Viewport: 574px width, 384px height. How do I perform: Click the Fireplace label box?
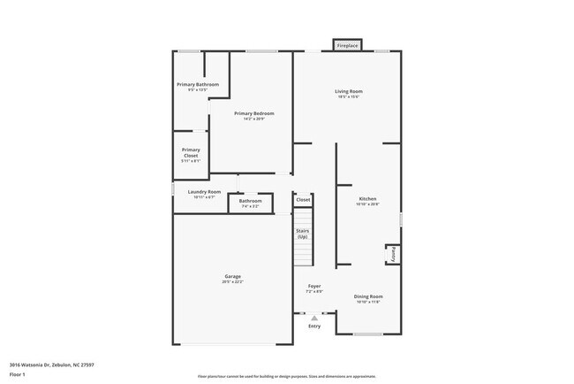347,45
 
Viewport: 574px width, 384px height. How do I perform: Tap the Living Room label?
348,91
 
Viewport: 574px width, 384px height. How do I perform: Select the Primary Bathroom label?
197,84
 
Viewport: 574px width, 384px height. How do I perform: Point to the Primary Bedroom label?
253,113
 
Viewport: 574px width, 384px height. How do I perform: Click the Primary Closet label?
191,152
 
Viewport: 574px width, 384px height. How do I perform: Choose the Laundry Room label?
204,191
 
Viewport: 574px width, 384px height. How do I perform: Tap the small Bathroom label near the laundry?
250,201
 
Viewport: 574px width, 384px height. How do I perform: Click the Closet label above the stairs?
303,200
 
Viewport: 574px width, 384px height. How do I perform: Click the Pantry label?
391,254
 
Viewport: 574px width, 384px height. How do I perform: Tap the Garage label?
232,277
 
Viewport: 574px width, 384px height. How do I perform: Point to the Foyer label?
313,286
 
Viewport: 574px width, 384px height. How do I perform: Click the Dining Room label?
368,296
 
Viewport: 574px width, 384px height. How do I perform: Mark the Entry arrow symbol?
313,318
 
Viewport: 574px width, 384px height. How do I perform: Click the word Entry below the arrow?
314,326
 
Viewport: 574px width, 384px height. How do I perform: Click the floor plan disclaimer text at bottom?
287,376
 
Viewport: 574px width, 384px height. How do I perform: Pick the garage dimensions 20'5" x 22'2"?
232,282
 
